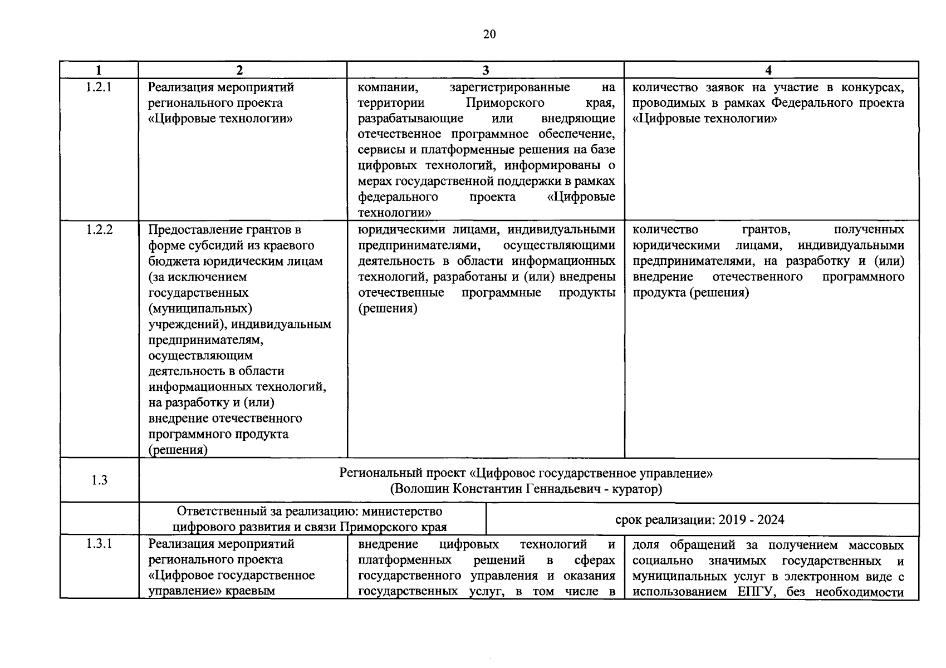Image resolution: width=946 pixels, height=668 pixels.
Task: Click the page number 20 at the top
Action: [x=489, y=35]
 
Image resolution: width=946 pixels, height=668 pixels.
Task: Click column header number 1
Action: [x=99, y=70]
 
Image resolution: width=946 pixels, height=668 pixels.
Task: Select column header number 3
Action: [x=486, y=70]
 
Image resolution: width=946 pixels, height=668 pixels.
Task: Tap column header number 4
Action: [x=768, y=70]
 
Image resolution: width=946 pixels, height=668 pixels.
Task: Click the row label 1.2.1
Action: [x=99, y=87]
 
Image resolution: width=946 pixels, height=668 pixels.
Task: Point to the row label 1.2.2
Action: [x=99, y=229]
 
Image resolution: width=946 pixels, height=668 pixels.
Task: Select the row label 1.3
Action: [x=99, y=480]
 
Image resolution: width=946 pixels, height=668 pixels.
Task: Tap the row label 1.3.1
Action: [x=99, y=544]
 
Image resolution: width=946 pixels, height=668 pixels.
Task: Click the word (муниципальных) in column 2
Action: [x=200, y=308]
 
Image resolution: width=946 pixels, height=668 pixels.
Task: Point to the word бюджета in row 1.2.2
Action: [x=172, y=261]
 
